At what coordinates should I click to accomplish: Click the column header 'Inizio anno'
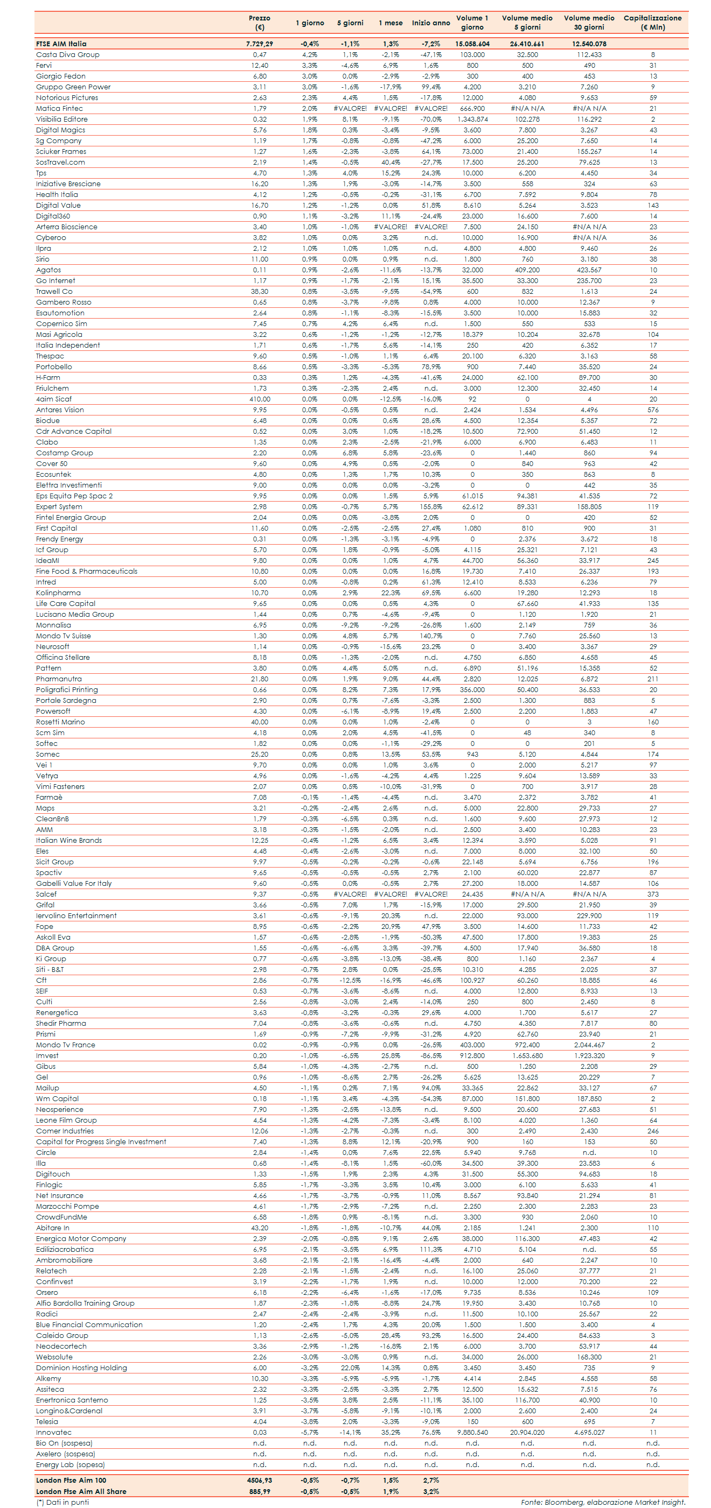[x=430, y=23]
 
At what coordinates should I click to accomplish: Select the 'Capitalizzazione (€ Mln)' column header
[x=652, y=22]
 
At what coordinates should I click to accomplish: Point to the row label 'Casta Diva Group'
[x=67, y=54]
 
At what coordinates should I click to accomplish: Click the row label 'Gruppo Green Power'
[x=73, y=87]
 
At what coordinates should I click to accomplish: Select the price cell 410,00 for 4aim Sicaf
[x=260, y=399]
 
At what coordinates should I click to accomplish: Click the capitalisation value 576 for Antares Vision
[x=652, y=410]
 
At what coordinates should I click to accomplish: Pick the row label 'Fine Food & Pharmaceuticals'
[x=87, y=572]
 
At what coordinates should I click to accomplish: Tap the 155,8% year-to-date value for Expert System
[x=430, y=507]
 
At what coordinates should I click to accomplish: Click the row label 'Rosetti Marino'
[x=60, y=722]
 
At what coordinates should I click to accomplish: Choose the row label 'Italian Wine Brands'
[x=68, y=840]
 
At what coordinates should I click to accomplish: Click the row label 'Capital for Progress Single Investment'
[x=101, y=1141]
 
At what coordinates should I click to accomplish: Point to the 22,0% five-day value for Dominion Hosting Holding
[x=350, y=1368]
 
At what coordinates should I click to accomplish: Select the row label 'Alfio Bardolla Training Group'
[x=85, y=1303]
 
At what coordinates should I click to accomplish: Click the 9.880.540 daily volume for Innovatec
[x=472, y=1433]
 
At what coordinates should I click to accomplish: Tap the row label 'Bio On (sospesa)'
[x=64, y=1443]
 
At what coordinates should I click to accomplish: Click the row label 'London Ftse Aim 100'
[x=71, y=1480]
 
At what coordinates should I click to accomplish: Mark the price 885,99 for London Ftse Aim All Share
[x=260, y=1491]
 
